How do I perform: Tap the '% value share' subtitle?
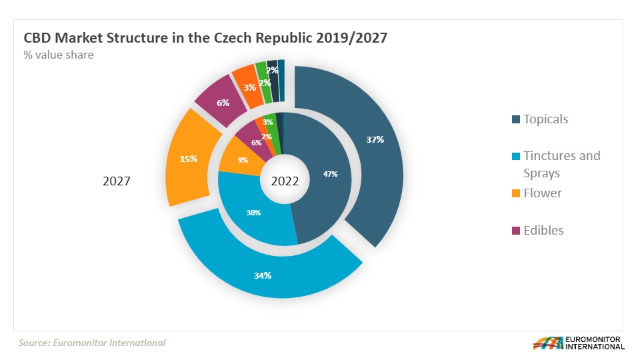pyautogui.click(x=59, y=55)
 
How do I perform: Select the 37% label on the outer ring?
pyautogui.click(x=375, y=140)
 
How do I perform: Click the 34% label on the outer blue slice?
pyautogui.click(x=263, y=275)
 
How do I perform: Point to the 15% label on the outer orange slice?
pyautogui.click(x=189, y=159)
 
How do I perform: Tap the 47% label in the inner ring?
pyautogui.click(x=330, y=174)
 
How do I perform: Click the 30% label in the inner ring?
pyautogui.click(x=253, y=213)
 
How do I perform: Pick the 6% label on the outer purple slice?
pyautogui.click(x=223, y=103)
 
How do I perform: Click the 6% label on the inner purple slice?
pyautogui.click(x=257, y=143)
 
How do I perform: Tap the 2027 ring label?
pyautogui.click(x=116, y=181)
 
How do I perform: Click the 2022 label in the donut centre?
pyautogui.click(x=285, y=181)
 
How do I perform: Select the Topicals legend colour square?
pyautogui.click(x=515, y=120)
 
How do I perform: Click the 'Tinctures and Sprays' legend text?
pyautogui.click(x=561, y=164)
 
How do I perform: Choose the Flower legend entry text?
pyautogui.click(x=542, y=193)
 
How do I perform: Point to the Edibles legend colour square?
pyautogui.click(x=515, y=231)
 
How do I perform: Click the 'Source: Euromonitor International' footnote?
pyautogui.click(x=92, y=343)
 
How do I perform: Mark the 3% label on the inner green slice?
pyautogui.click(x=268, y=122)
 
